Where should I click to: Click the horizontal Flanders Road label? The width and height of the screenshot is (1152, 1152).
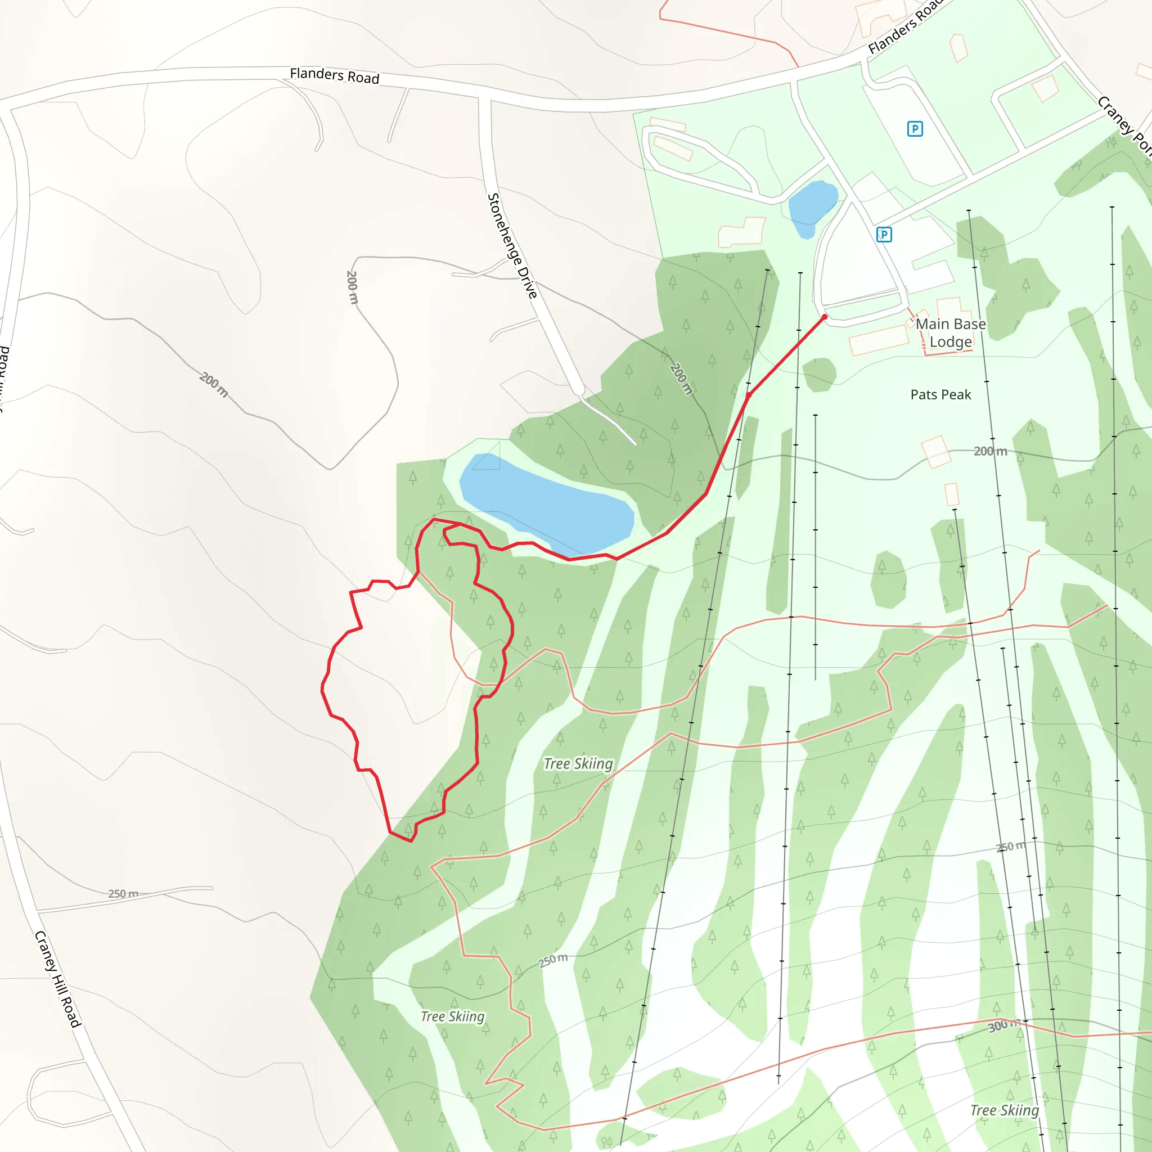(x=334, y=75)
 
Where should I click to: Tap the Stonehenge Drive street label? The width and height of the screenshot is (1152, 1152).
(x=512, y=245)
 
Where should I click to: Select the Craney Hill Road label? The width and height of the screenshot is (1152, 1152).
(x=57, y=979)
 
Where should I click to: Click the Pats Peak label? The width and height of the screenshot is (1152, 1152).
(x=940, y=395)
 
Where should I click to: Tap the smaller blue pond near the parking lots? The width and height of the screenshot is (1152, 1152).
(x=812, y=206)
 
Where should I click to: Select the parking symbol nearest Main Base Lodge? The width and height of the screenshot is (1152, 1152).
(x=884, y=235)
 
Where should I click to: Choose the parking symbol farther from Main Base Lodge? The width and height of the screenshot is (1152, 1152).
(x=915, y=128)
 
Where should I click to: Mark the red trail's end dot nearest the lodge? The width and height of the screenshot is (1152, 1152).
(x=825, y=317)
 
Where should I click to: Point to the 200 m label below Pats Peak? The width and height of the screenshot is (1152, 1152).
(x=991, y=451)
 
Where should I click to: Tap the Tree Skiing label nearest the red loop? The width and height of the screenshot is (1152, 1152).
(x=578, y=764)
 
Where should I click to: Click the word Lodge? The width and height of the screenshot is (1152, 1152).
(x=951, y=341)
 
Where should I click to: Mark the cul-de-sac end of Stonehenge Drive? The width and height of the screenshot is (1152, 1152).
(x=578, y=390)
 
